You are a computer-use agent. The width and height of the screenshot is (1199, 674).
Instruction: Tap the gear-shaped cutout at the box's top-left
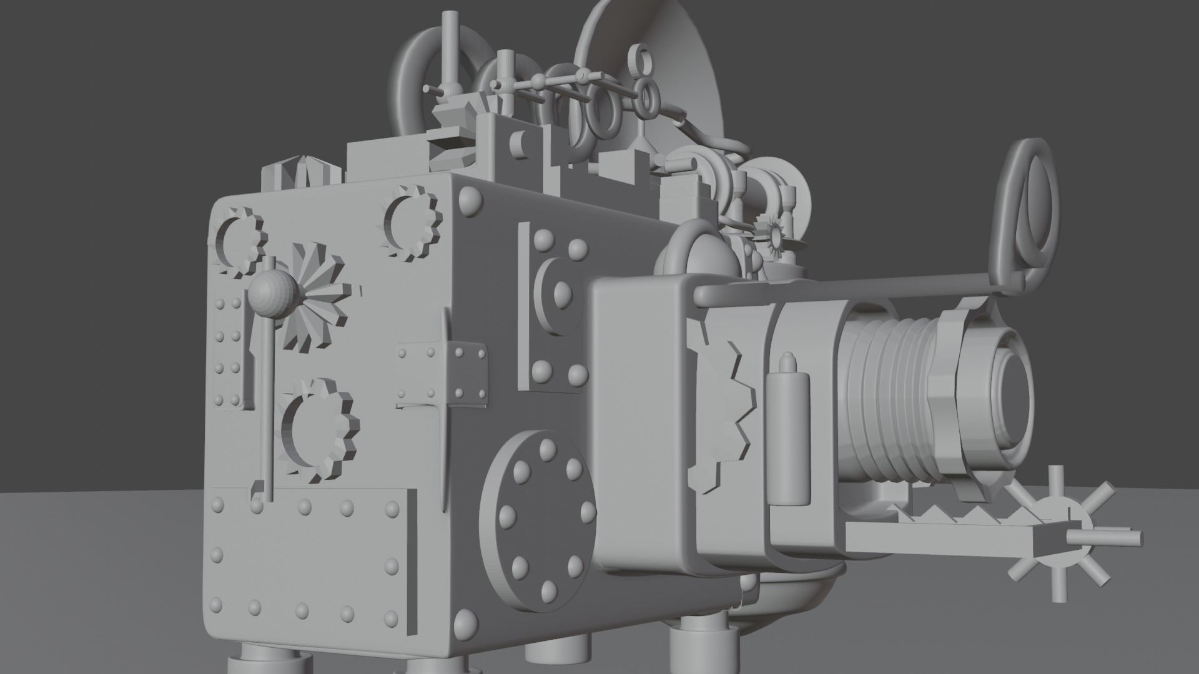coord(239,242)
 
